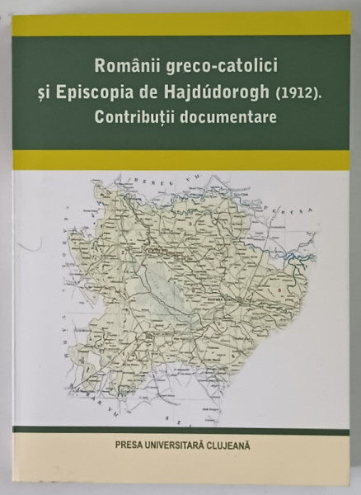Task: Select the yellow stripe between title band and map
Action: pos(180,160)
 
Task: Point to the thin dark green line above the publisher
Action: pos(180,431)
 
